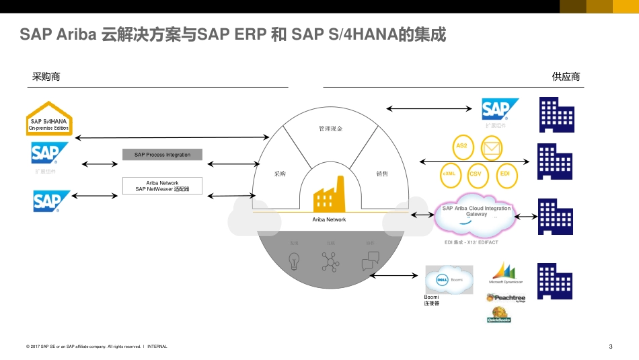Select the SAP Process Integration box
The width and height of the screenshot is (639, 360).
pyautogui.click(x=162, y=155)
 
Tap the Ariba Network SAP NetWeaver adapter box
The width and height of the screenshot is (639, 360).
pyautogui.click(x=162, y=186)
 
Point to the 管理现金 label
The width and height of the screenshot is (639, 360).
pyautogui.click(x=330, y=129)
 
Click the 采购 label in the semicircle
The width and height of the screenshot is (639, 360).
pyautogui.click(x=280, y=174)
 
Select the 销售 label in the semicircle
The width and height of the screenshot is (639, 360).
pyautogui.click(x=382, y=174)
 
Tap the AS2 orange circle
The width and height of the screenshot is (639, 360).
pyautogui.click(x=461, y=146)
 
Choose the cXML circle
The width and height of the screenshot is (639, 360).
pyautogui.click(x=449, y=174)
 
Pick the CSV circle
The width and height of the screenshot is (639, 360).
pyautogui.click(x=476, y=174)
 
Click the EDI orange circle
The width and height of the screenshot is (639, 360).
pyautogui.click(x=505, y=174)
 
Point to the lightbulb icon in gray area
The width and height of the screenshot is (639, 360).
pyautogui.click(x=294, y=261)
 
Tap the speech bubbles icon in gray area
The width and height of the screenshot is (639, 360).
pyautogui.click(x=371, y=261)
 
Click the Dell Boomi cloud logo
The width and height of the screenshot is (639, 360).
pyautogui.click(x=449, y=279)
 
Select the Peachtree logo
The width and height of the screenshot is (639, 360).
pyautogui.click(x=505, y=297)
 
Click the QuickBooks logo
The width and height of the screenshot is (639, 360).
pyautogui.click(x=499, y=315)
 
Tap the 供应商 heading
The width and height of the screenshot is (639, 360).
pyautogui.click(x=566, y=77)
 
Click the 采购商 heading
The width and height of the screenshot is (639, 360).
pyautogui.click(x=46, y=77)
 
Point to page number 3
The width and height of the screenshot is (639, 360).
pyautogui.click(x=610, y=347)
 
